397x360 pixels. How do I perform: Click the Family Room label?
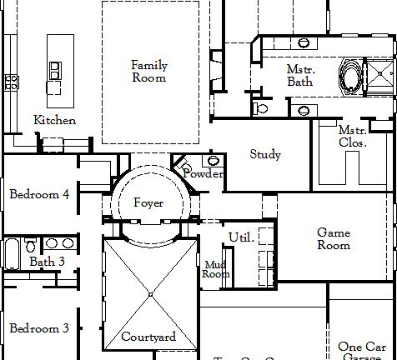[x=149, y=72]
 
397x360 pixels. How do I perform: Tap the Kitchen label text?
[x=55, y=121]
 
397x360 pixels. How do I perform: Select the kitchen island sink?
[x=55, y=71]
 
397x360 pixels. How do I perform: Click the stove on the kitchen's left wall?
[x=12, y=81]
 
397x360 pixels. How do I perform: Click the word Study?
[x=265, y=155]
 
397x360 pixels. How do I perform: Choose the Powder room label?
[x=203, y=174]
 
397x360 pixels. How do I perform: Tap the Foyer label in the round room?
[x=148, y=203]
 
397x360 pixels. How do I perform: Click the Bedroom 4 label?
[x=38, y=195]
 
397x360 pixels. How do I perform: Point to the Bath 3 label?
[x=48, y=262]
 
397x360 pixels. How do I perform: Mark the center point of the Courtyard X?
[x=150, y=294]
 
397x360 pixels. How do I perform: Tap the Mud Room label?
[x=216, y=268]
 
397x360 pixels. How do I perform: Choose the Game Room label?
[x=334, y=239]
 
